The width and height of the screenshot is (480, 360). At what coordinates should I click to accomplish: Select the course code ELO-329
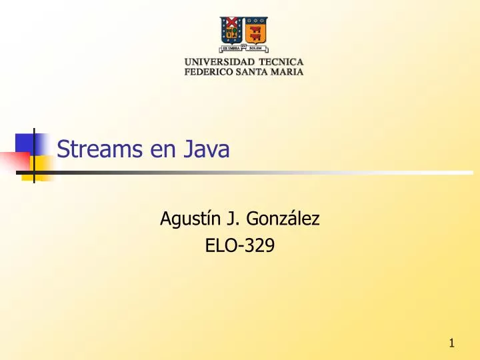[x=240, y=247]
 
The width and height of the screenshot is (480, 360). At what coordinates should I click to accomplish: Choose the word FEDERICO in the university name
[x=209, y=73]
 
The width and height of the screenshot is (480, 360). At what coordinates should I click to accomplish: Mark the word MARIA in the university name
[x=287, y=73]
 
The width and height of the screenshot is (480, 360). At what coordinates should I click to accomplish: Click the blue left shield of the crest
[x=231, y=29]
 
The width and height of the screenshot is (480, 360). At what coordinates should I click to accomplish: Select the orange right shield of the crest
[x=256, y=29]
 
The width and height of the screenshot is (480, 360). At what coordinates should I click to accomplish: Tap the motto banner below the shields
[x=243, y=48]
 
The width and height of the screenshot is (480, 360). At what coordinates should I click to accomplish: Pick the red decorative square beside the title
[x=15, y=161]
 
